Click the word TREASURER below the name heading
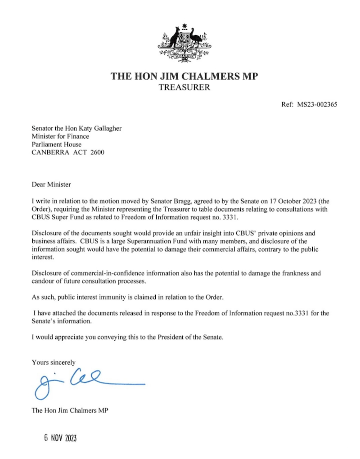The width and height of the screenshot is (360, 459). point(184,87)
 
